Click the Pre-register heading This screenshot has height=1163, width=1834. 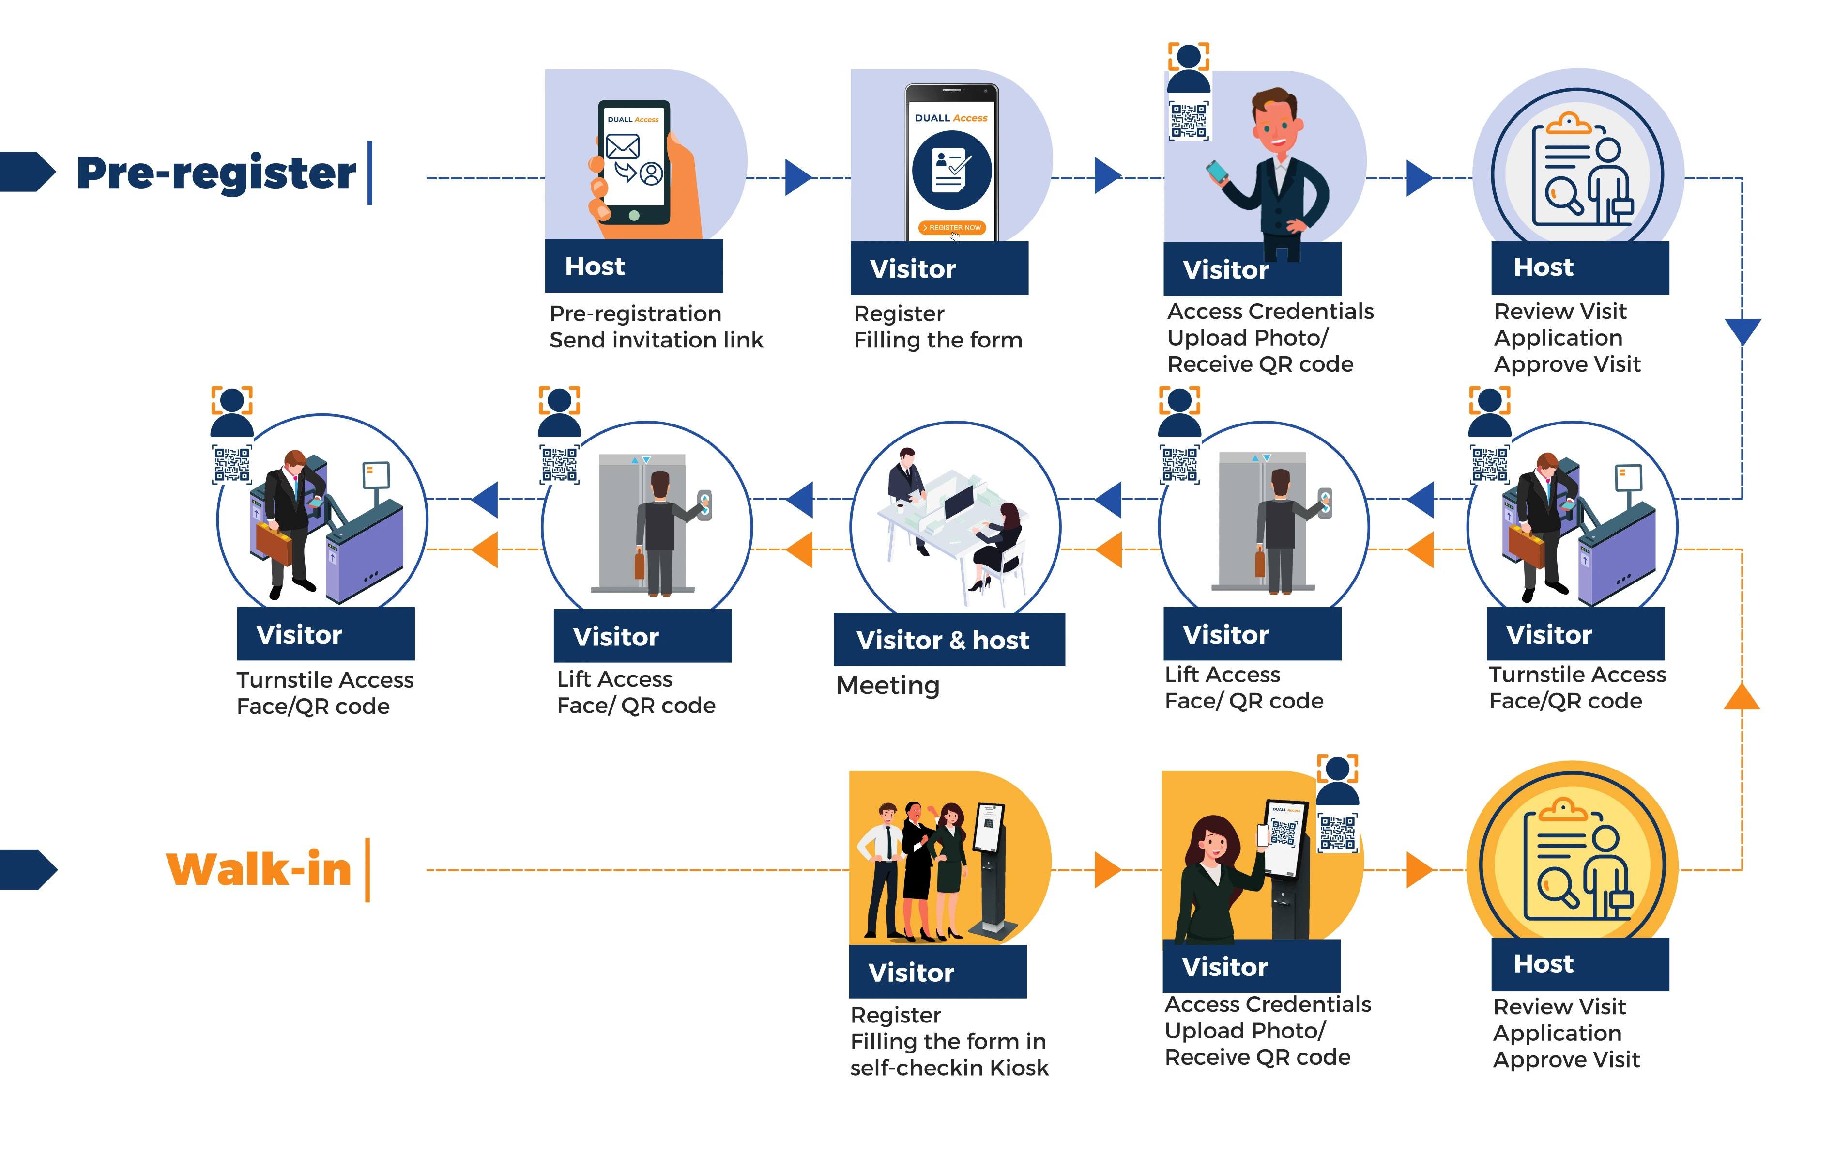pos(216,173)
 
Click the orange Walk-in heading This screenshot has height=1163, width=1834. pos(259,869)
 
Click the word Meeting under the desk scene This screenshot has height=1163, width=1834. pos(888,686)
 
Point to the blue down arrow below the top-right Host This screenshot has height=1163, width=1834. pos(1742,331)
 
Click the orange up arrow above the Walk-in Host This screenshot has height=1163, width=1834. pos(1742,696)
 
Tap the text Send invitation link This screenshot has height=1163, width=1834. pos(656,340)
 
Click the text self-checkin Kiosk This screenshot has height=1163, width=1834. pos(949,1068)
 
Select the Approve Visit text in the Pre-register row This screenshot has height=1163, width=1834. pos(1567,365)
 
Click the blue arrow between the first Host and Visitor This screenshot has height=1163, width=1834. pos(799,177)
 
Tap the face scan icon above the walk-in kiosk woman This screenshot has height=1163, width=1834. pos(1337,780)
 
